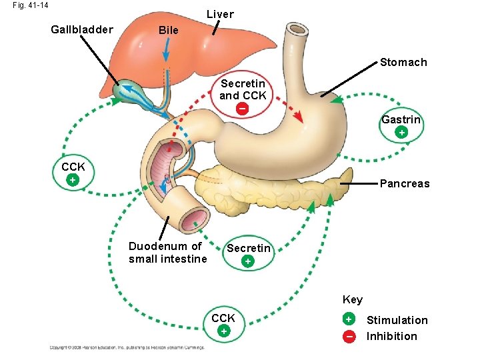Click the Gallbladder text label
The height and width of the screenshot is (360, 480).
(x=82, y=29)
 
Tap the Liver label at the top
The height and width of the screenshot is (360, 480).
(x=220, y=14)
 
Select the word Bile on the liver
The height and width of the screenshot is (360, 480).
(x=168, y=31)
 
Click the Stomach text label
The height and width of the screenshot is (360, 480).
(x=403, y=62)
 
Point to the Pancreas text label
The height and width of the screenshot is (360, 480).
(x=404, y=183)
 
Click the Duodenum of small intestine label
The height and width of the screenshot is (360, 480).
(x=167, y=253)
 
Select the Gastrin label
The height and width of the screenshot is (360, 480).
(x=401, y=120)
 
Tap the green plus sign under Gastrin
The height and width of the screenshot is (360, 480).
(x=401, y=133)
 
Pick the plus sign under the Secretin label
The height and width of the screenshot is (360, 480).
(x=248, y=261)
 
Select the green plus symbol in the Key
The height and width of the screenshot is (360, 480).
(x=349, y=320)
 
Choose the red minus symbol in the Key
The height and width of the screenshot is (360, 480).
(x=349, y=336)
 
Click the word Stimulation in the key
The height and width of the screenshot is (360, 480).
(x=397, y=320)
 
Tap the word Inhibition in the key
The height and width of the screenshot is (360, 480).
(x=391, y=336)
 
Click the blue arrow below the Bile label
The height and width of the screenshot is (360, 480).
(x=167, y=49)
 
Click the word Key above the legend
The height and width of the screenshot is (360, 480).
(x=352, y=299)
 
